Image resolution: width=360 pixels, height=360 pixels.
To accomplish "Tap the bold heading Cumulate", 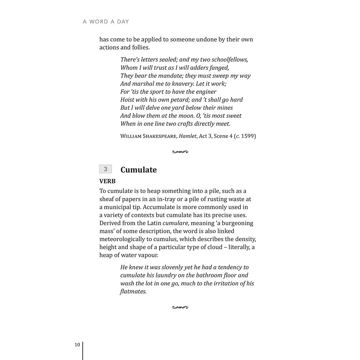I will point(139,170).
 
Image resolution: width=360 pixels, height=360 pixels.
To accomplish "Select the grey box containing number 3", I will point(105,169).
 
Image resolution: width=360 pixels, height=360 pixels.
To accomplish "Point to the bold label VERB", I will point(107,181).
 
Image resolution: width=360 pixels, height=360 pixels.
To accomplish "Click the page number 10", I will point(77,345).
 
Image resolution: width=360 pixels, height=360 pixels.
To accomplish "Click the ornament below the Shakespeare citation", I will point(180,152).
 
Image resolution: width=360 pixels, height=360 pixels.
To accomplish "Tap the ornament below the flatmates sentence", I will point(180,307).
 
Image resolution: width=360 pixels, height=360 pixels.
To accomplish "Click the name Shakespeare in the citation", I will point(160,136).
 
